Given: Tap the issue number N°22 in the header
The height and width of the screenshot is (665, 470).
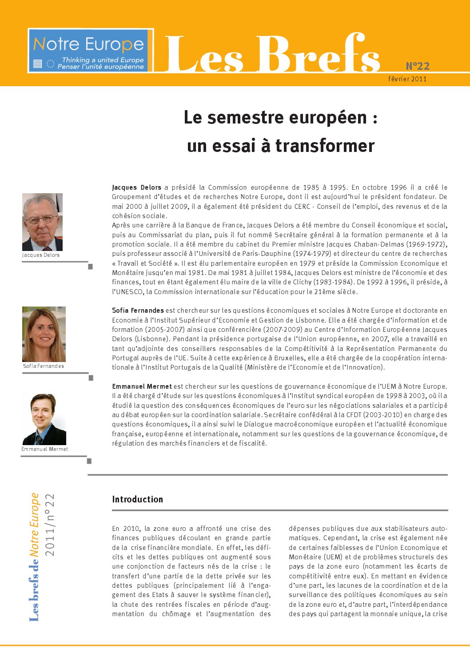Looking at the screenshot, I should (418, 66).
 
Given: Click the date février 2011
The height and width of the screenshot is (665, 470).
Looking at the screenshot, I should (407, 79).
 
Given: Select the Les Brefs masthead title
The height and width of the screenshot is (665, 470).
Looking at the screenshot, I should (273, 54).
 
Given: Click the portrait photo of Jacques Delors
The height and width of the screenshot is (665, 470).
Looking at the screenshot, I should (42, 222).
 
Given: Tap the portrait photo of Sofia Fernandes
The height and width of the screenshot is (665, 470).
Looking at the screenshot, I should (44, 334).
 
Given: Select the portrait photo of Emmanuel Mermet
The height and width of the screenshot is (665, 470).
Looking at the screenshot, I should (44, 419).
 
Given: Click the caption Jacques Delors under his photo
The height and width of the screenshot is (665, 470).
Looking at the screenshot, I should (41, 255).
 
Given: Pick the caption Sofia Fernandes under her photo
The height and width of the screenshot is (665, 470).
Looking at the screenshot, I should (44, 366).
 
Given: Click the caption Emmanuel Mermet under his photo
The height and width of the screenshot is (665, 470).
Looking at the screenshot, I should (45, 449).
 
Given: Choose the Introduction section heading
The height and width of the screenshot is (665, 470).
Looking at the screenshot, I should (137, 499).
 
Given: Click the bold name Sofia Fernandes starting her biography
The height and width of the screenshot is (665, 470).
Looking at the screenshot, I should (138, 311).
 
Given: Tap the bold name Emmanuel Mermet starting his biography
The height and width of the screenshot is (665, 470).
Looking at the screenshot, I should (142, 386).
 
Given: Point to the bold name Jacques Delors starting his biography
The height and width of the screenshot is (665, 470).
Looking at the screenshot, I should (136, 187).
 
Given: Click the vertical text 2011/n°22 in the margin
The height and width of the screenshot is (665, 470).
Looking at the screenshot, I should (49, 525).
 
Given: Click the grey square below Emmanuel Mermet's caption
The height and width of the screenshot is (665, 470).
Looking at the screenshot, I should (89, 461).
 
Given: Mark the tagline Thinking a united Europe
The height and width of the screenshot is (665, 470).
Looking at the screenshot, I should (103, 60).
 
